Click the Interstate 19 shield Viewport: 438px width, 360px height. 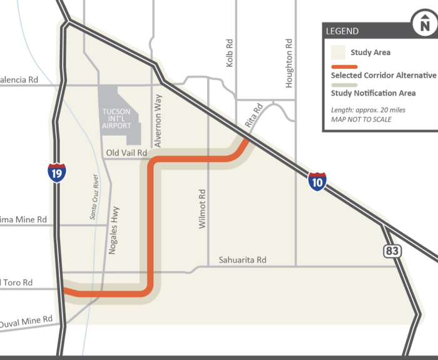click(57, 173)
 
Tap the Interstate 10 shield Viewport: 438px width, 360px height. click(317, 182)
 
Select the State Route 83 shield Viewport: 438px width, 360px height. click(393, 250)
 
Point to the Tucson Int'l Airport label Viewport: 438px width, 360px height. click(116, 118)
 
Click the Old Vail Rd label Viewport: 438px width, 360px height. click(126, 153)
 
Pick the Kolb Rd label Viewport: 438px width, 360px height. click(230, 53)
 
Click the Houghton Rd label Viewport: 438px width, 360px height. click(289, 63)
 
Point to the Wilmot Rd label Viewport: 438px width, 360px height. click(202, 208)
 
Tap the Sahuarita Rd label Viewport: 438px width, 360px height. click(243, 260)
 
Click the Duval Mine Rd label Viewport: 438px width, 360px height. click(26, 322)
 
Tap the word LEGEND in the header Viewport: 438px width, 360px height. click(342, 31)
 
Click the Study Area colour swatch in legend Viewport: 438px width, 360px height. click(339, 52)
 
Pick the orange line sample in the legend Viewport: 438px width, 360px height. click(344, 66)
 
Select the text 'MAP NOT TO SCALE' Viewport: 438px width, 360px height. click(362, 119)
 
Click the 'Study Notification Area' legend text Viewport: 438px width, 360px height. click(373, 93)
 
